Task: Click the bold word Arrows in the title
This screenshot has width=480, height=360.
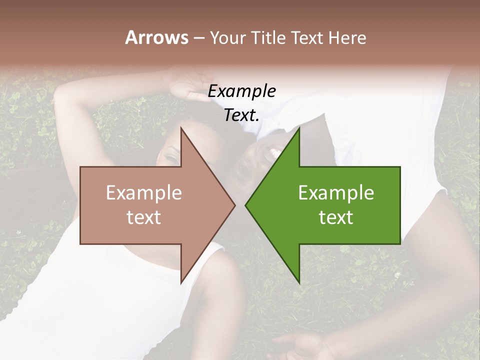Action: click(157, 37)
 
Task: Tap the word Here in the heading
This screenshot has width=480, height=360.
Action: click(347, 37)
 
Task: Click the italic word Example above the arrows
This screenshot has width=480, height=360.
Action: click(241, 91)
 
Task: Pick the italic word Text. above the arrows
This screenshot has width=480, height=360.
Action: click(241, 115)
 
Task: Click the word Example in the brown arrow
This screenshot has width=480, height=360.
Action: click(144, 193)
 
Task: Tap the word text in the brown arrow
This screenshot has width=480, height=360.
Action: click(144, 217)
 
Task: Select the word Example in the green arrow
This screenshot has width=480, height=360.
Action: click(336, 193)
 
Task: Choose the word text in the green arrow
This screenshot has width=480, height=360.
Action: click(336, 217)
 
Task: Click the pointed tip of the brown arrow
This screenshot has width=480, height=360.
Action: click(234, 205)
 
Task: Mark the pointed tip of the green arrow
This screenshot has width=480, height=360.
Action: click(246, 205)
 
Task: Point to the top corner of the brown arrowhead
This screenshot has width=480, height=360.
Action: click(181, 129)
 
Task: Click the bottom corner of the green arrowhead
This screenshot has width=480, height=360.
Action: click(299, 282)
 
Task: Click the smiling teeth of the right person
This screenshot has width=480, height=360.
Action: click(274, 150)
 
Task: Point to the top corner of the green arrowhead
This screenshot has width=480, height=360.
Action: click(299, 129)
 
